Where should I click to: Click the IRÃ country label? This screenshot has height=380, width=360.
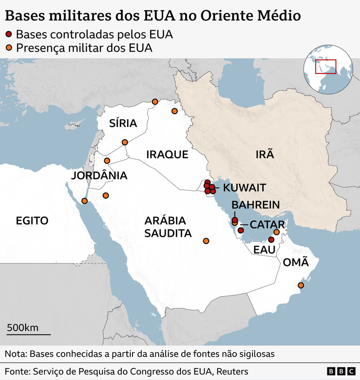tap(265, 154)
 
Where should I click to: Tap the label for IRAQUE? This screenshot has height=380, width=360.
tap(167, 154)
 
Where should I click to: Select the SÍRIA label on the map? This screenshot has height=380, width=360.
tap(123, 123)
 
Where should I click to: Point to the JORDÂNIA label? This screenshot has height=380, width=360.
tap(99, 175)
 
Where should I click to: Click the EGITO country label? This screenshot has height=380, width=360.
tap(32, 220)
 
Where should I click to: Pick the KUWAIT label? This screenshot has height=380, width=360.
tap(244, 188)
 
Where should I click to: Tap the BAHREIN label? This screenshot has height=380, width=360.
tap(255, 205)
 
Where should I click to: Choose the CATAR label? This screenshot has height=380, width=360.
tap(267, 225)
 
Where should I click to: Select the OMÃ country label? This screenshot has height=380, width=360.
tap(296, 262)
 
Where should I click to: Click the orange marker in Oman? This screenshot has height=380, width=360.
tap(300, 285)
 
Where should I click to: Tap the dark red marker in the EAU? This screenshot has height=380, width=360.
tap(271, 240)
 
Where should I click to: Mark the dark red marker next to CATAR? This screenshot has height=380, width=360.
tap(240, 230)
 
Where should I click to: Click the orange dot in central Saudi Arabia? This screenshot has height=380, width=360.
tap(206, 241)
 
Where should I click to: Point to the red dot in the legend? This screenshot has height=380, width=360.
tap(9, 34)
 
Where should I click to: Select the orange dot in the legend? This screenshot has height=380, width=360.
tap(9, 47)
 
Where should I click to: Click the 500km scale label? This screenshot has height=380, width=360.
tap(22, 327)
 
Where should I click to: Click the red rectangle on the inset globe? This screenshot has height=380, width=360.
tap(326, 67)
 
